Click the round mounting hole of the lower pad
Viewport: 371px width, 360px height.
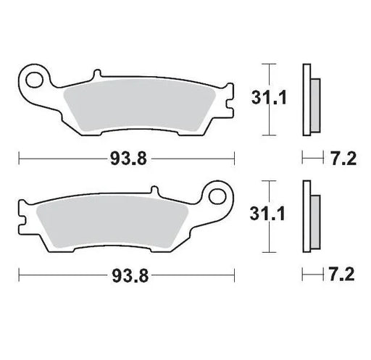pyautogui.click(x=219, y=194)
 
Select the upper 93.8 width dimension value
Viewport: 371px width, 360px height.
pyautogui.click(x=127, y=157)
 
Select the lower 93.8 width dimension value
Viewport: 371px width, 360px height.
pyautogui.click(x=127, y=275)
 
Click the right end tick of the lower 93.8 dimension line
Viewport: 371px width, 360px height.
pyautogui.click(x=235, y=275)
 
